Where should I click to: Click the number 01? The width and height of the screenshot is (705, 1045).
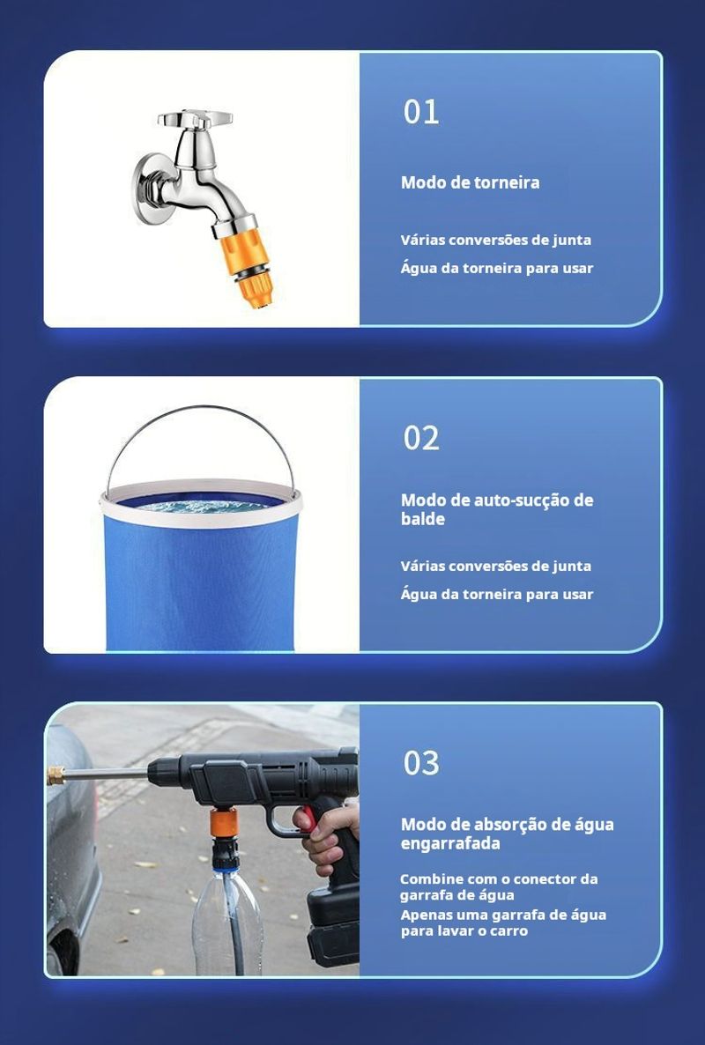pyautogui.click(x=420, y=112)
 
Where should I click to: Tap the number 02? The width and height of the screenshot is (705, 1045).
pyautogui.click(x=420, y=438)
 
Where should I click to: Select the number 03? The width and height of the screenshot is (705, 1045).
pyautogui.click(x=420, y=763)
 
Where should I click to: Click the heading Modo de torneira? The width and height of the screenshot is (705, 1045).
pyautogui.click(x=470, y=182)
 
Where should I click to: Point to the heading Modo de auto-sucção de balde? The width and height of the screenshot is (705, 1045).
pyautogui.click(x=496, y=510)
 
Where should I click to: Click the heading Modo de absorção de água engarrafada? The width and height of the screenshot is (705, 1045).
pyautogui.click(x=507, y=834)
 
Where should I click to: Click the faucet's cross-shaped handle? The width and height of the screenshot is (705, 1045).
pyautogui.click(x=196, y=119)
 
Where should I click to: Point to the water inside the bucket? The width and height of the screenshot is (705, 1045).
pyautogui.click(x=201, y=506)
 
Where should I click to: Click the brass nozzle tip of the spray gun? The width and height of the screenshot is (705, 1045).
pyautogui.click(x=56, y=775)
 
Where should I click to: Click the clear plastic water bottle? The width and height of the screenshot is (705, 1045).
pyautogui.click(x=227, y=923)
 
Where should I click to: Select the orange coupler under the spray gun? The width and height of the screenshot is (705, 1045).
pyautogui.click(x=224, y=822)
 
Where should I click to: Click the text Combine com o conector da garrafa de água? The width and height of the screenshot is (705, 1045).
pyautogui.click(x=499, y=887)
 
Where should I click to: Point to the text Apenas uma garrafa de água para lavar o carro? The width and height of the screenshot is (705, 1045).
pyautogui.click(x=503, y=923)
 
